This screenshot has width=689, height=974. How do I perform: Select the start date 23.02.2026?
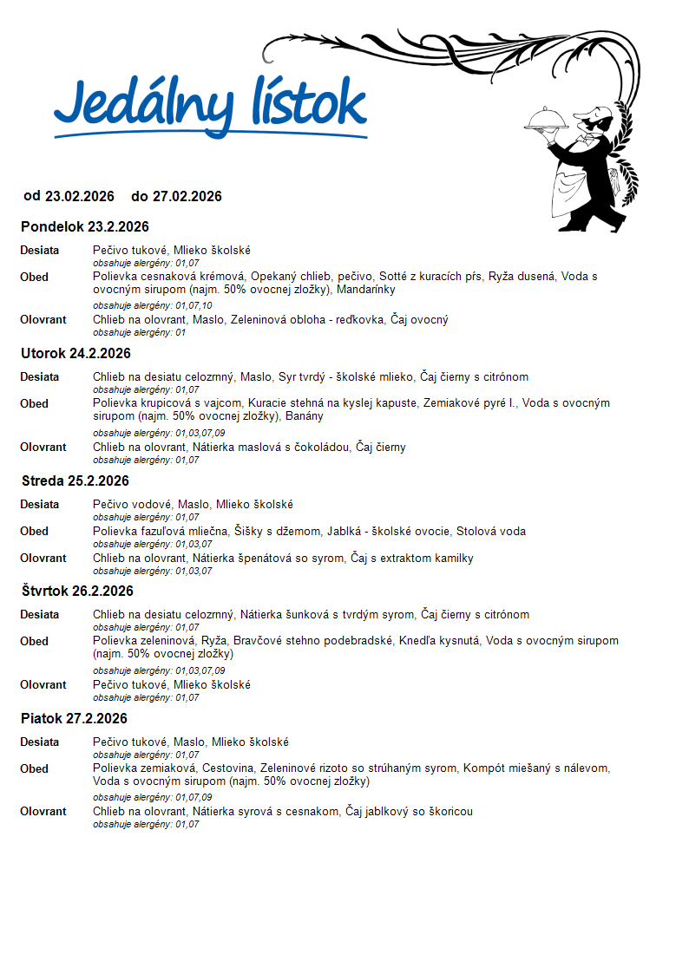pos(80,197)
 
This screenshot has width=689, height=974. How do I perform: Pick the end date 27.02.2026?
pos(187,197)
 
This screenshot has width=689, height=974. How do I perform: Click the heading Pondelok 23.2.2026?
pos(85,227)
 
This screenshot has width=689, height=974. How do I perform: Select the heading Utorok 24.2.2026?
pos(75,354)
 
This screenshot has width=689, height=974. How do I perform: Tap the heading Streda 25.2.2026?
pos(75,481)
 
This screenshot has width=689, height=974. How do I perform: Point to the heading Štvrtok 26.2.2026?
pos(77,592)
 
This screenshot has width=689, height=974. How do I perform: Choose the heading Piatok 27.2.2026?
pos(74,719)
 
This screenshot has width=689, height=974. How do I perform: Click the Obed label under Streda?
pos(35,532)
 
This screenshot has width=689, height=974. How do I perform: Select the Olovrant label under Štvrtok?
pos(43,685)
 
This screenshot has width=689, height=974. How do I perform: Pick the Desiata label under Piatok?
pos(40,742)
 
